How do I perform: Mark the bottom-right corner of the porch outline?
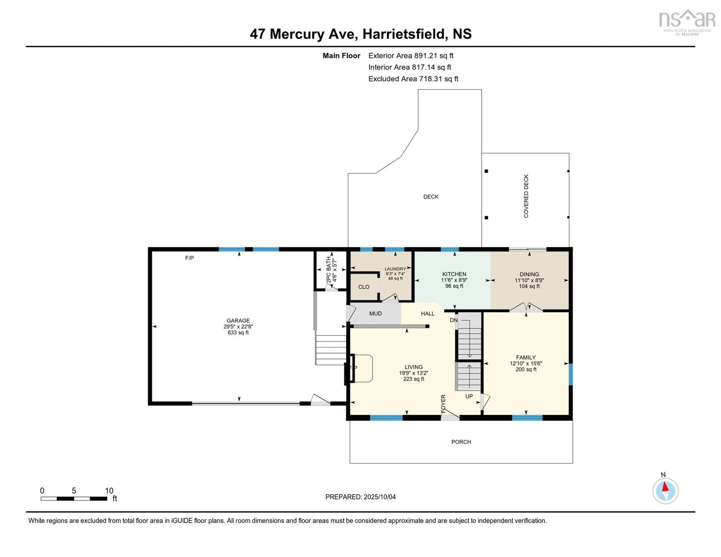click(x=573, y=463)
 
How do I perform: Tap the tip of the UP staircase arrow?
click(x=469, y=365)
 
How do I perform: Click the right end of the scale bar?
click(x=107, y=499)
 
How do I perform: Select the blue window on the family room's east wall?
click(x=571, y=374)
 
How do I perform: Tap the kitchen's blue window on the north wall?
click(x=450, y=249)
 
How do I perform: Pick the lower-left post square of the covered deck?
click(x=486, y=218)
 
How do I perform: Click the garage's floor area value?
click(x=238, y=332)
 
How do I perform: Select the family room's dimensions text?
click(x=526, y=363)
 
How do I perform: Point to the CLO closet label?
click(x=364, y=287)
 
